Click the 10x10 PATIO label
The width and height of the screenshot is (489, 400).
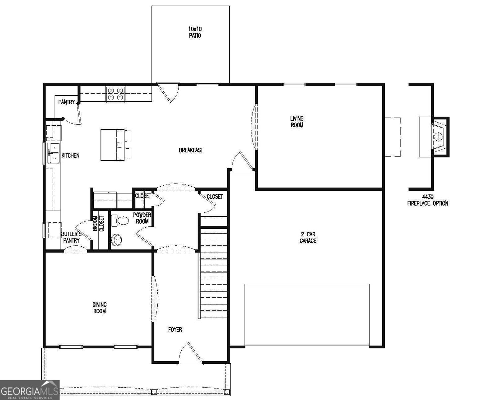195,32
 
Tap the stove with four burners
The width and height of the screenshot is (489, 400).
115,94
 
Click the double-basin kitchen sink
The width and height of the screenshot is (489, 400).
53,153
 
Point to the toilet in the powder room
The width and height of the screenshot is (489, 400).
120,220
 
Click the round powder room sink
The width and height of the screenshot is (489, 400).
116,240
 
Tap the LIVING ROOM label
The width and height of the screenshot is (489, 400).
297,122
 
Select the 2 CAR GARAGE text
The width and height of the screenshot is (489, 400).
308,237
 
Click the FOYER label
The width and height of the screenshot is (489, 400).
175,330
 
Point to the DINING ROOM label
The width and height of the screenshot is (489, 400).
99,308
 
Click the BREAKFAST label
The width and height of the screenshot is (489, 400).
191,150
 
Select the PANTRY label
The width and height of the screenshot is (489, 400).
67,102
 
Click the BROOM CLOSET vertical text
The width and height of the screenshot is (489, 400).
98,224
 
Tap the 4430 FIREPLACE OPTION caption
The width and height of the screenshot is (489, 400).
427,200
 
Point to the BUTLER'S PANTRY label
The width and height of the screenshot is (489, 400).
71,237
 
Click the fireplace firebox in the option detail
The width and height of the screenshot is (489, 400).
438,136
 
